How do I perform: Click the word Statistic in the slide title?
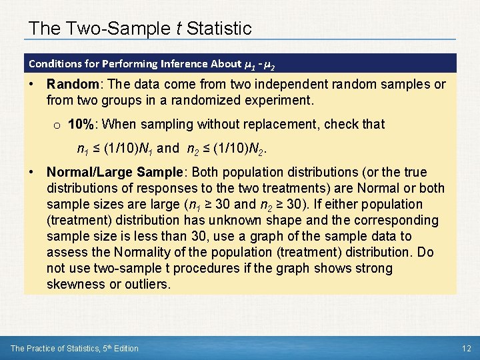click(x=219, y=29)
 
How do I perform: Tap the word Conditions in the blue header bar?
click(x=56, y=64)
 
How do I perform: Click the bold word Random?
click(x=71, y=85)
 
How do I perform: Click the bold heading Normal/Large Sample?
click(x=115, y=172)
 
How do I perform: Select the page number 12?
click(x=466, y=348)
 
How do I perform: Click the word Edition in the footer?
click(x=124, y=348)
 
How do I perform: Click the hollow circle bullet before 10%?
click(x=57, y=125)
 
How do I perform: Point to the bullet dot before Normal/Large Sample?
click(x=32, y=172)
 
